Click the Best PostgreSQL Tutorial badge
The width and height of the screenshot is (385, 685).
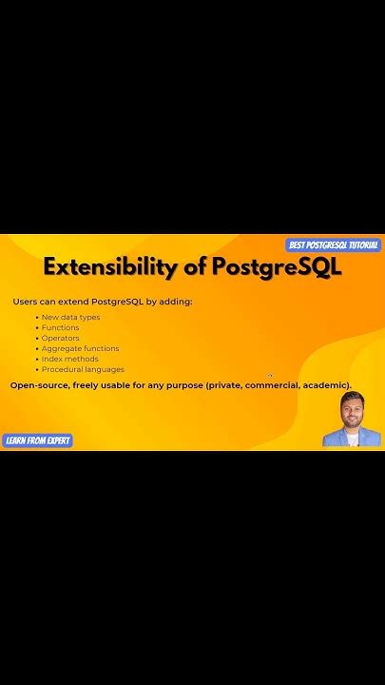[334, 245]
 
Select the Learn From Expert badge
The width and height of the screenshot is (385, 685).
[38, 440]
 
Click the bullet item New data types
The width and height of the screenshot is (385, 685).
[70, 317]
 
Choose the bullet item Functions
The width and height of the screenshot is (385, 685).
[60, 327]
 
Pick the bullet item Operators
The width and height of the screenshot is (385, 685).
[60, 338]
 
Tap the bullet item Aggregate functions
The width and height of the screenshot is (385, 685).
[80, 348]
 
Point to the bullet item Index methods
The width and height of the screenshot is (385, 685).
[69, 359]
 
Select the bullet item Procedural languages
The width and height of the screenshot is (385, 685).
[83, 369]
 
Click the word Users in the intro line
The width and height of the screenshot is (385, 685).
[25, 302]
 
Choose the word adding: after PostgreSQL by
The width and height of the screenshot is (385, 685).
[176, 302]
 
